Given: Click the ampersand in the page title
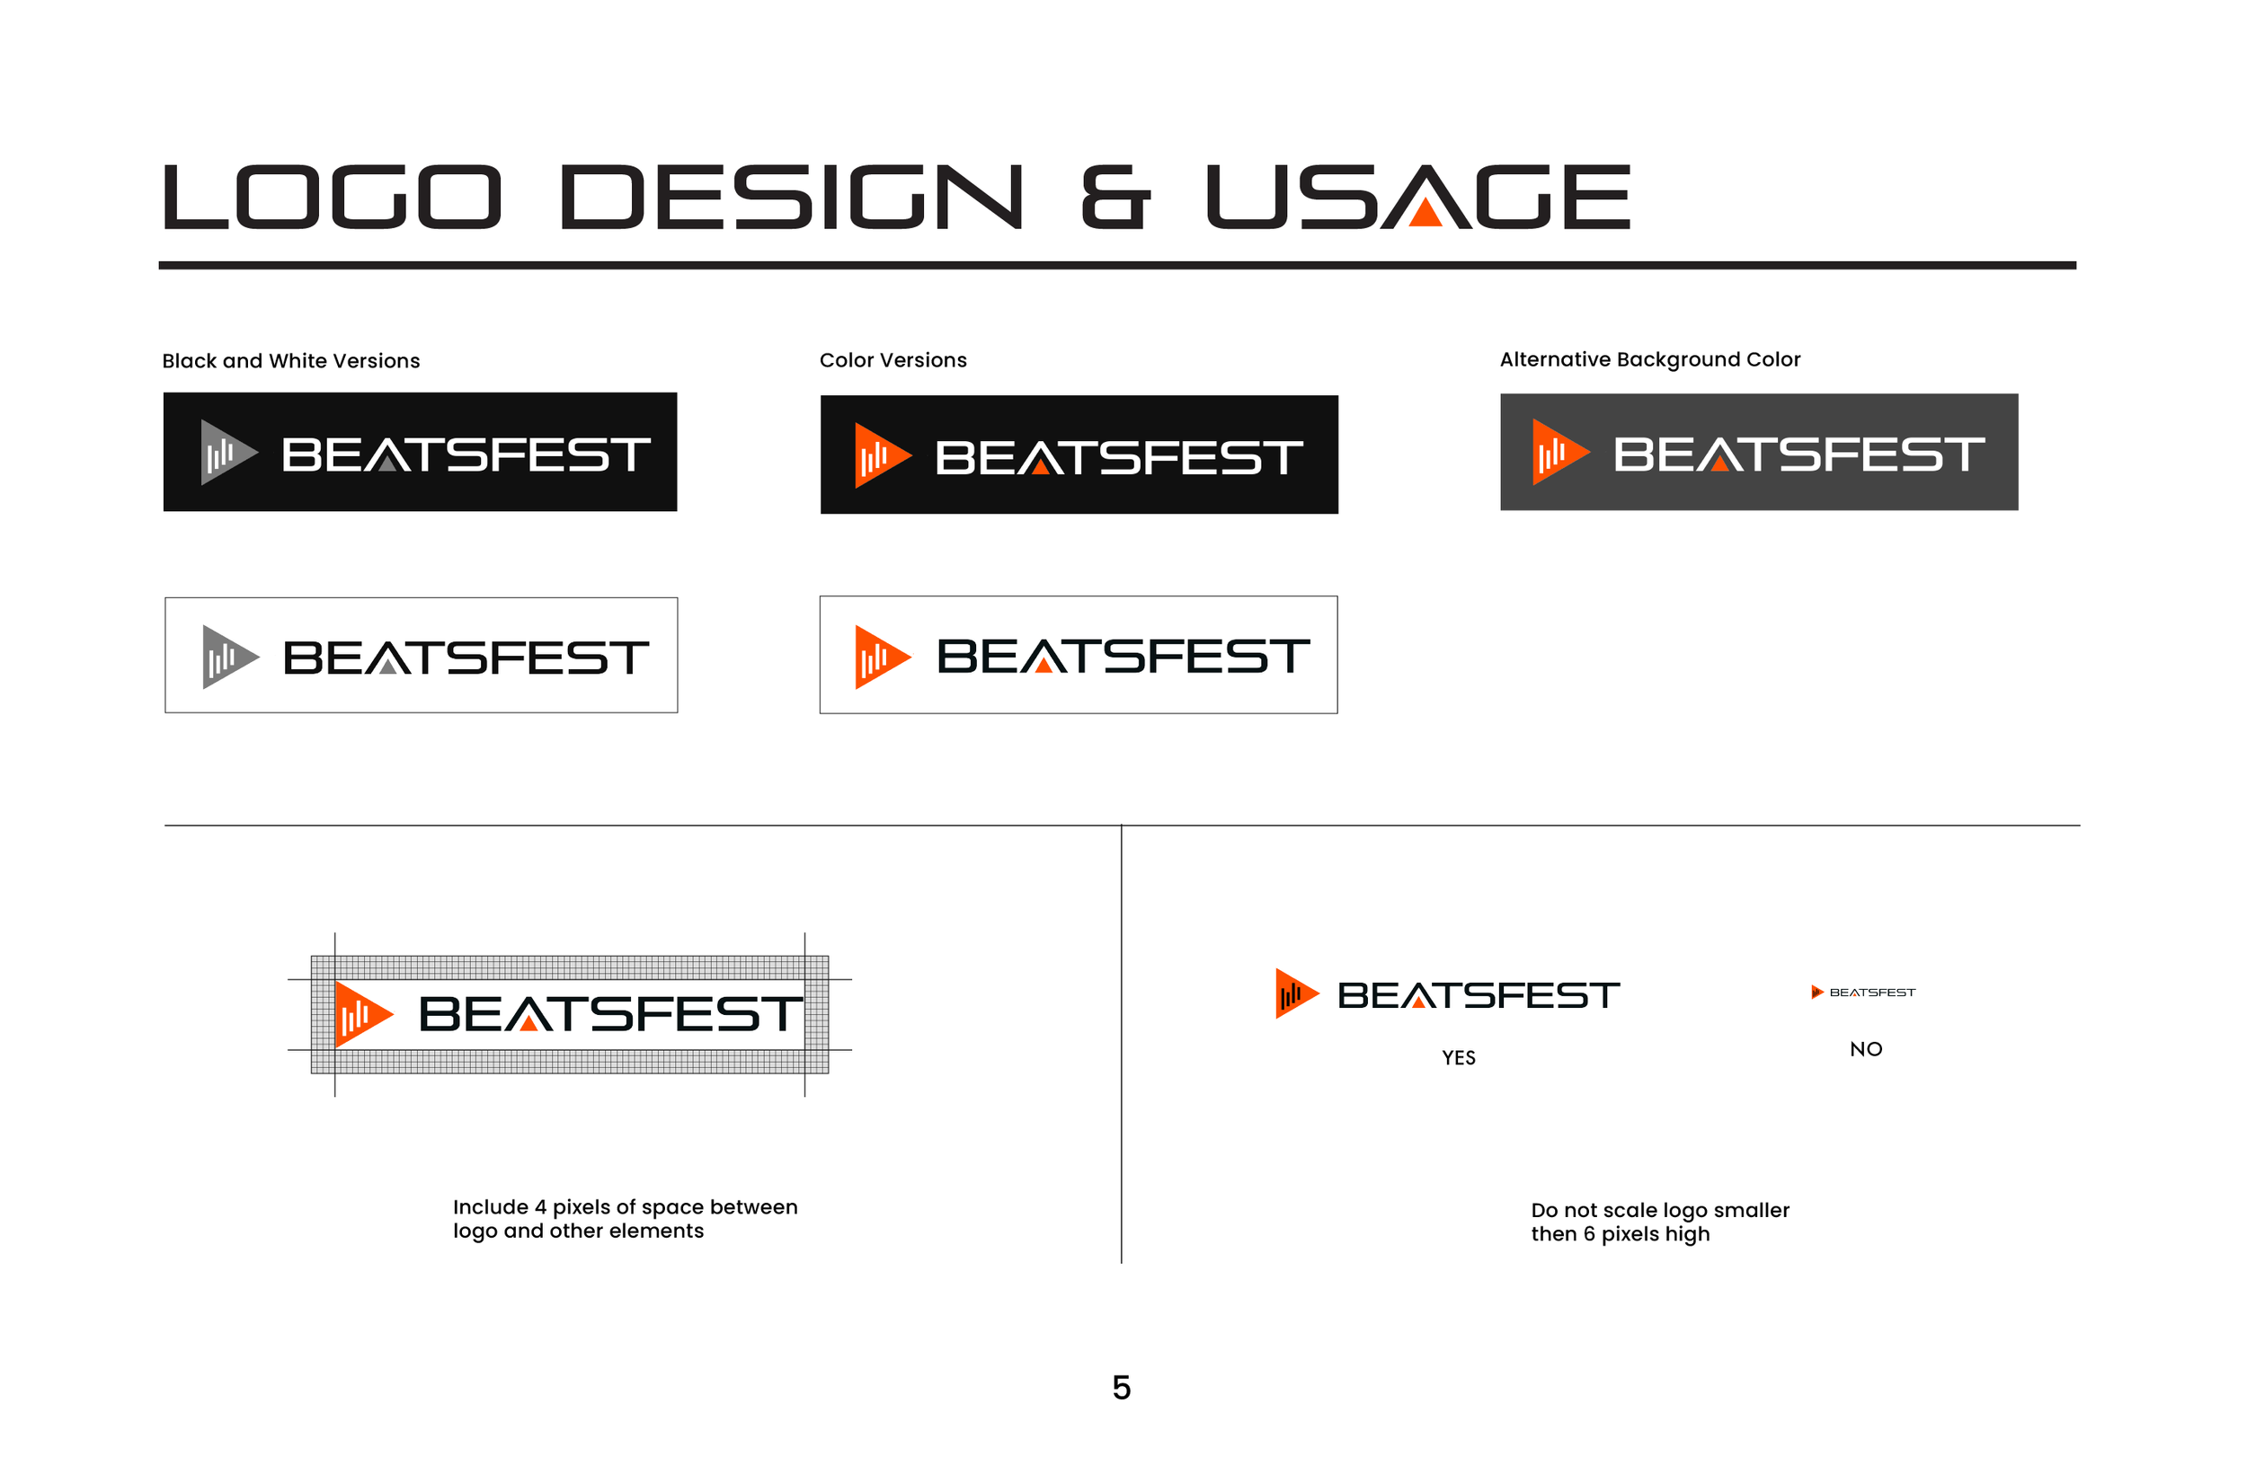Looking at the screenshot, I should (x=1115, y=198).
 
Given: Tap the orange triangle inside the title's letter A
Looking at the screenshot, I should (x=1425, y=214).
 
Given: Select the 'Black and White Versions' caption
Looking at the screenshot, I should (x=291, y=361).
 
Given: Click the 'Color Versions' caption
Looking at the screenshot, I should (x=893, y=360).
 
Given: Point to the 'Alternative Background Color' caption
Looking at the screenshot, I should (x=1650, y=359).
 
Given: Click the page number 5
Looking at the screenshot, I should (x=1121, y=1388).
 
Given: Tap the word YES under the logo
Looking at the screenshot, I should (x=1458, y=1057).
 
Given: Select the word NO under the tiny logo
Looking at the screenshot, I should (x=1866, y=1049).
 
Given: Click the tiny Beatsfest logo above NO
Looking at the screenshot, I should (x=1863, y=993).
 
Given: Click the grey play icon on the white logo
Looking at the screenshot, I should (x=226, y=657).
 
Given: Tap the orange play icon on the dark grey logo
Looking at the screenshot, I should (x=1557, y=452).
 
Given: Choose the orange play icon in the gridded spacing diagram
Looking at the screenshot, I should (x=360, y=1015).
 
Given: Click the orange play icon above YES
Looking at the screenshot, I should (x=1293, y=994).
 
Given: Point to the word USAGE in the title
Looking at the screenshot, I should (x=1419, y=198).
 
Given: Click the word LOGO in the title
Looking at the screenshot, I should (x=331, y=198).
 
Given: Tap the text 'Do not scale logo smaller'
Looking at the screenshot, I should (x=1659, y=1210).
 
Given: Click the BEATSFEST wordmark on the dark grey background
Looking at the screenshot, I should (x=1798, y=454).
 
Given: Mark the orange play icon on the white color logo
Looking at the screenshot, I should (x=880, y=657).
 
